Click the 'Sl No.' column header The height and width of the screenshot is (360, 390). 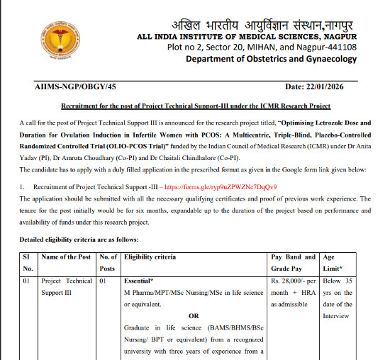pyautogui.click(x=28, y=261)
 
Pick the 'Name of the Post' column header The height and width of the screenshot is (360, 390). pyautogui.click(x=67, y=256)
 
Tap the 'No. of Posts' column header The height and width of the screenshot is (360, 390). pyautogui.click(x=107, y=261)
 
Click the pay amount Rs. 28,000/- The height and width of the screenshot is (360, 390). pyautogui.click(x=293, y=281)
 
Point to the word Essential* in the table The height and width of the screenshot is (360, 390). pyautogui.click(x=140, y=281)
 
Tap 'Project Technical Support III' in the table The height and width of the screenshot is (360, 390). pyautogui.click(x=67, y=286)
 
